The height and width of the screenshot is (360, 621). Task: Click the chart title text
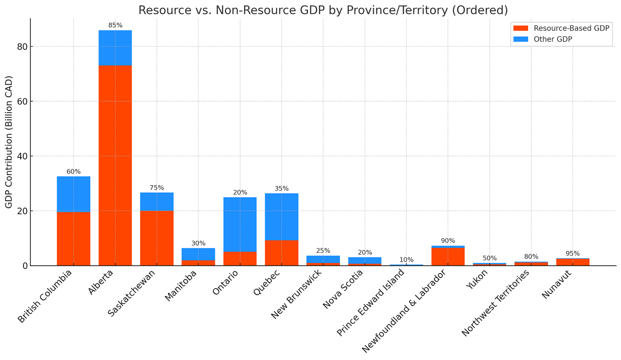click(x=323, y=10)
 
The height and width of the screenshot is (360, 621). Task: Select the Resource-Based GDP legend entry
click(x=561, y=28)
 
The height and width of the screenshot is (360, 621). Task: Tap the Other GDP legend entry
click(x=543, y=39)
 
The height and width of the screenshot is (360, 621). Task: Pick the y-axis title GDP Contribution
click(x=9, y=142)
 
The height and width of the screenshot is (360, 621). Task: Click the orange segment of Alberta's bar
click(x=115, y=165)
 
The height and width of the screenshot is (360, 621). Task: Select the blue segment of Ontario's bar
click(x=240, y=224)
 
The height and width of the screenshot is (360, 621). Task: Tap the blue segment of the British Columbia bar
click(x=74, y=194)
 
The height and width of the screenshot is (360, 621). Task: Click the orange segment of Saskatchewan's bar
click(x=157, y=238)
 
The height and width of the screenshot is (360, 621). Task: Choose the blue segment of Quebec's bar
click(x=281, y=217)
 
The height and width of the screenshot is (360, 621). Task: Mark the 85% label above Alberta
click(x=115, y=25)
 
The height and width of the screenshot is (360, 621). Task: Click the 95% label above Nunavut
click(x=573, y=253)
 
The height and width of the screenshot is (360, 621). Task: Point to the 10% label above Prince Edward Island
click(x=407, y=260)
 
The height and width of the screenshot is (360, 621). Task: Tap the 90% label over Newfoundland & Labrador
click(x=448, y=241)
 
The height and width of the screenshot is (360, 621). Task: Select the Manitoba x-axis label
click(x=181, y=286)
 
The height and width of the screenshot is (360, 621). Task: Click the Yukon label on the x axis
click(x=477, y=279)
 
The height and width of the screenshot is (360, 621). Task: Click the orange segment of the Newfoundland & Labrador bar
click(x=448, y=257)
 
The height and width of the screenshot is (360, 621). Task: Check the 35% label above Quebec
click(x=282, y=189)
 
